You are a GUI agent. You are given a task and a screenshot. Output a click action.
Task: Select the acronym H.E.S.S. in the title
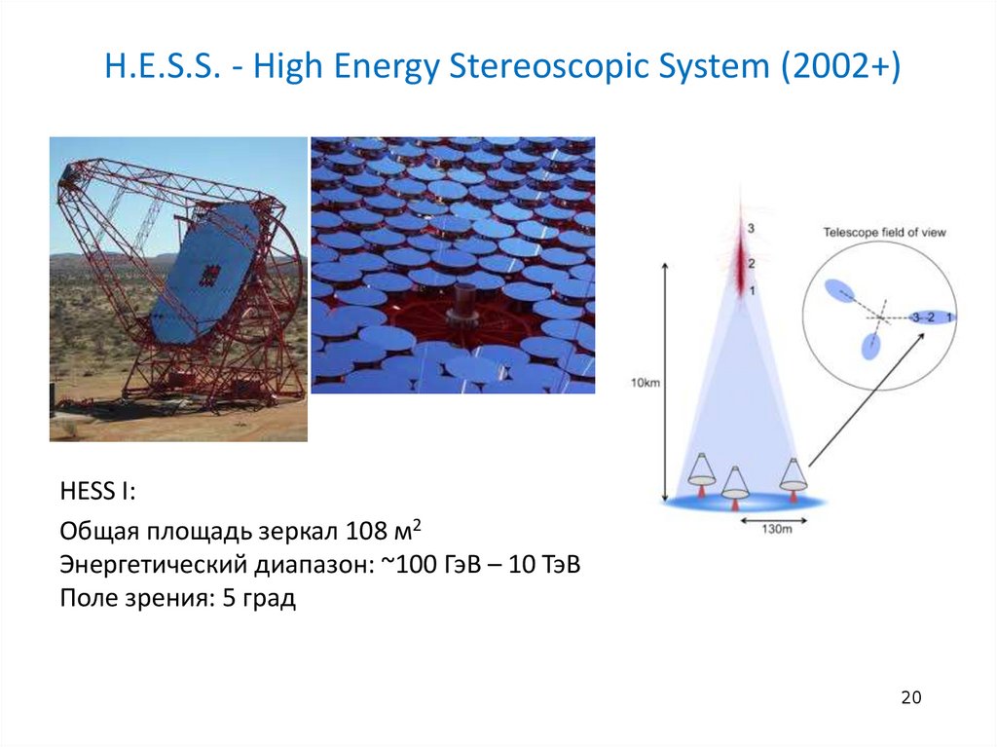pos(163,66)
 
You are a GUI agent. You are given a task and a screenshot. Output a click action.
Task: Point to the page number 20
pos(911,698)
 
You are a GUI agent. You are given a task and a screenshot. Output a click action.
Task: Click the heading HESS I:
pos(98,491)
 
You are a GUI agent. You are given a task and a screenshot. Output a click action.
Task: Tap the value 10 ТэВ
pos(544,564)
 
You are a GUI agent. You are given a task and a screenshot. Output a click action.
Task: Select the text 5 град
pos(259,599)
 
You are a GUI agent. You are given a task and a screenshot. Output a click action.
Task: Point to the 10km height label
pos(645,383)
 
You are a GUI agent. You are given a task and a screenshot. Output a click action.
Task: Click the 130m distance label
pos(776,530)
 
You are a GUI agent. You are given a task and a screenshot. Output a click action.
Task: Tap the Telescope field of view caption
pos(884,233)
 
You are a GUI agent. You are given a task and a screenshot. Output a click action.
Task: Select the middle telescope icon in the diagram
pos(735,487)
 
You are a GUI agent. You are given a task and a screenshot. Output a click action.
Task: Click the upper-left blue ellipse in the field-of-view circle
pos(840,291)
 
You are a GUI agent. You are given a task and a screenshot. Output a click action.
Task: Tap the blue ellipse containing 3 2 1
pos(933,317)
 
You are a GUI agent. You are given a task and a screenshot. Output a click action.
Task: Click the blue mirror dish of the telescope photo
pos(204,270)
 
